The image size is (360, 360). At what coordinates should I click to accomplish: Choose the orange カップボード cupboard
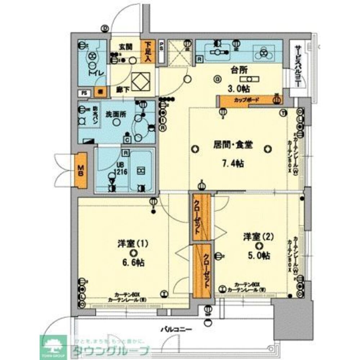click(x=247, y=100)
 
